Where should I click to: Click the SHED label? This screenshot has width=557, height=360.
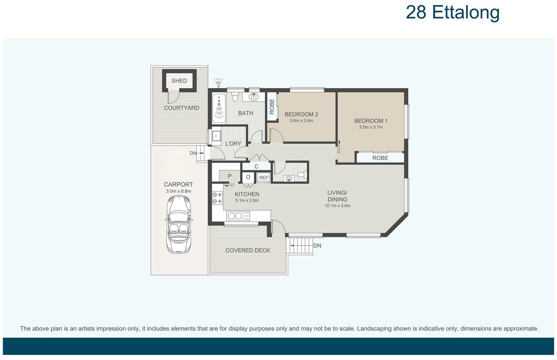(x=179, y=81)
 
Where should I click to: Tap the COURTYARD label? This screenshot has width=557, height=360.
(x=182, y=108)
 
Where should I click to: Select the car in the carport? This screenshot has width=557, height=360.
(x=179, y=224)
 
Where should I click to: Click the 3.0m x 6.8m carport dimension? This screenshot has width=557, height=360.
(x=179, y=191)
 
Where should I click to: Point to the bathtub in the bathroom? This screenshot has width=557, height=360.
(x=219, y=109)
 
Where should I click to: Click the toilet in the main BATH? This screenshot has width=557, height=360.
(x=235, y=96)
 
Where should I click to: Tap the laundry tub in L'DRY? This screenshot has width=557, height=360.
(x=216, y=136)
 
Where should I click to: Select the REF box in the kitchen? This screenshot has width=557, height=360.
(x=264, y=178)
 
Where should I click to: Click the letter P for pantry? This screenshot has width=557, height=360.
(x=230, y=176)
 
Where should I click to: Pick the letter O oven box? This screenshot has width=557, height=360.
(x=248, y=177)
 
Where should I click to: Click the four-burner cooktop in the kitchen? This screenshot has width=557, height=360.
(x=217, y=198)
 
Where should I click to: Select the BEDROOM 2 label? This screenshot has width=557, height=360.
(x=302, y=114)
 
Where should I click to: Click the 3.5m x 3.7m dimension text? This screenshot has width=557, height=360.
(x=371, y=127)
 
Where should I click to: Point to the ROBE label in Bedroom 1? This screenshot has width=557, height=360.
(x=380, y=158)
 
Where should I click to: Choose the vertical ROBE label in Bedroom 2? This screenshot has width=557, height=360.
(x=272, y=107)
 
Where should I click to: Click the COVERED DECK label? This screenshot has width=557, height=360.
(x=248, y=251)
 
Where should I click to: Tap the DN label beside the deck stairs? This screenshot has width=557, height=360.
(x=317, y=246)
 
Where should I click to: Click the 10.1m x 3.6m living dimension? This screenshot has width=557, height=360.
(x=338, y=206)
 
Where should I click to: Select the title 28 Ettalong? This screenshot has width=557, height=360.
(x=453, y=12)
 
